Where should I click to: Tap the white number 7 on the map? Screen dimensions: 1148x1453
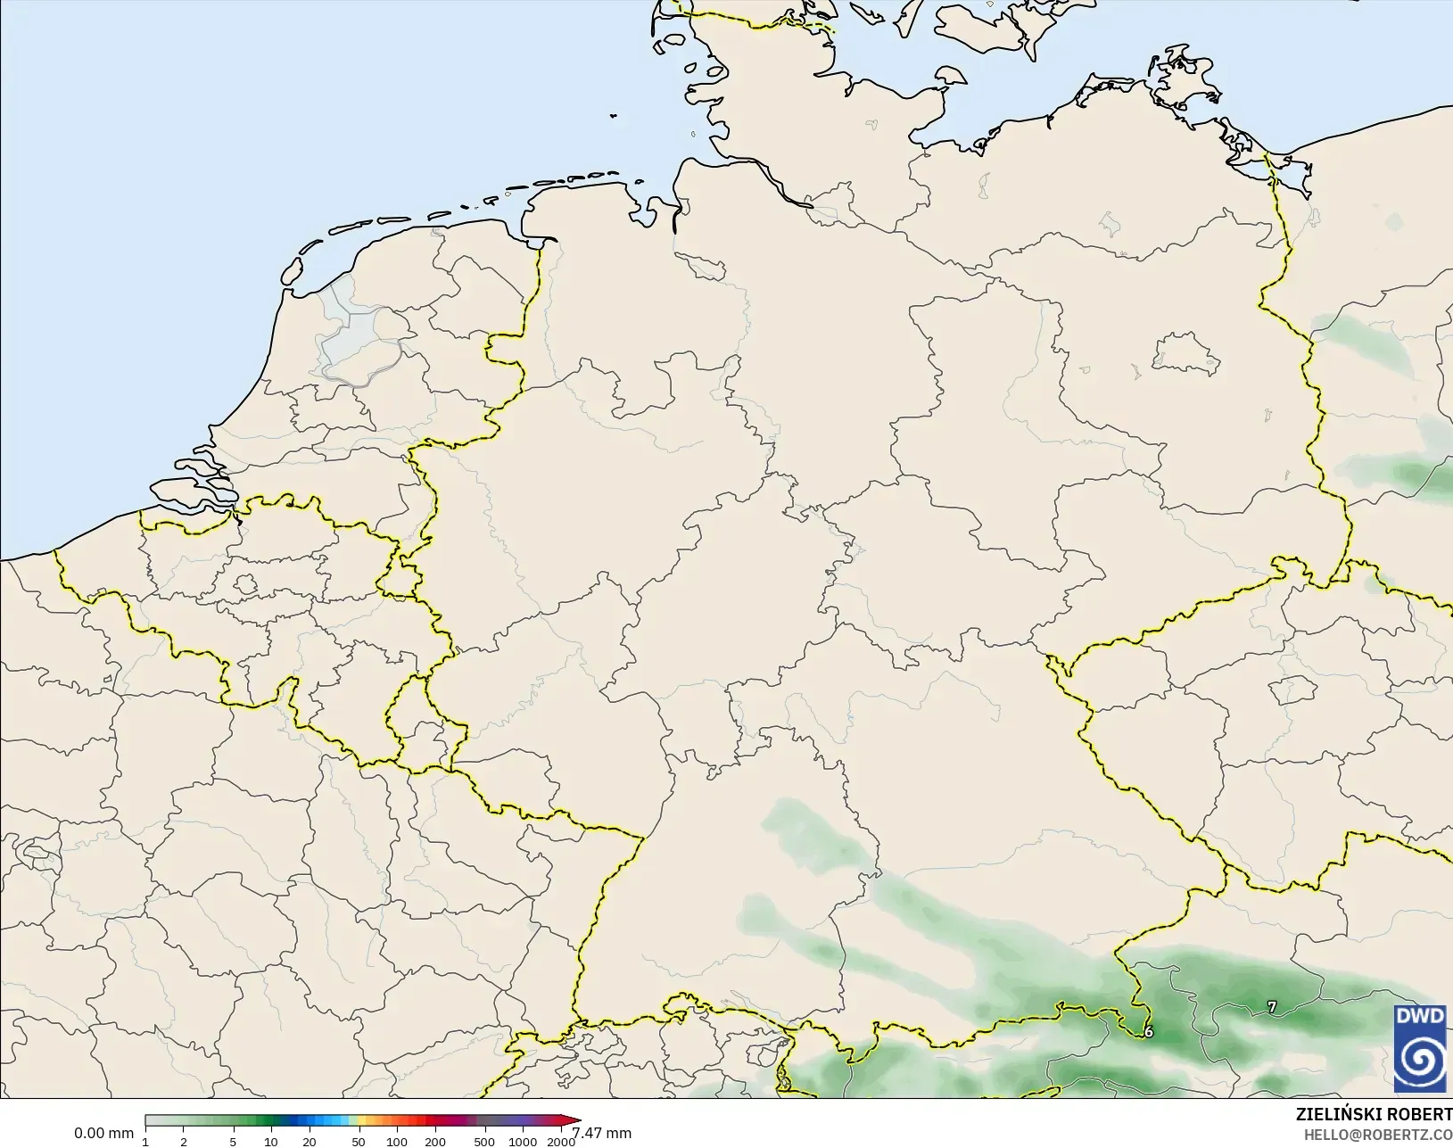1272,1007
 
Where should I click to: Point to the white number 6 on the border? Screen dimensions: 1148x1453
1149,1032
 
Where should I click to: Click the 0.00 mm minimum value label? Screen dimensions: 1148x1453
103,1134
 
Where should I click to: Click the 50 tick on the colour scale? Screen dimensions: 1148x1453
359,1142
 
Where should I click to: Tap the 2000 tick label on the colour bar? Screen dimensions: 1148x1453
560,1142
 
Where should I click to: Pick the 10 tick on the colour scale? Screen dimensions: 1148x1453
271,1142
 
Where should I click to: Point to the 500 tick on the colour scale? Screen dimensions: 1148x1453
484,1142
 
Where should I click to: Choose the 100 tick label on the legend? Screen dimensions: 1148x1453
397,1142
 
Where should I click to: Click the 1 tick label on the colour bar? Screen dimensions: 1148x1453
145,1142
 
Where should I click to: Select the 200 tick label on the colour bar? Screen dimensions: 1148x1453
435,1142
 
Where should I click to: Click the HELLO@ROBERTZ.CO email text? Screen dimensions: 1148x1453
1378,1135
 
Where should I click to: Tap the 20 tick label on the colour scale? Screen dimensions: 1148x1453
309,1142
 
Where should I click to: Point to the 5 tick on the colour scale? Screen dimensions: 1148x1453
233,1142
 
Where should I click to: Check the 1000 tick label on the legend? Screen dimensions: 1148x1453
523,1142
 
